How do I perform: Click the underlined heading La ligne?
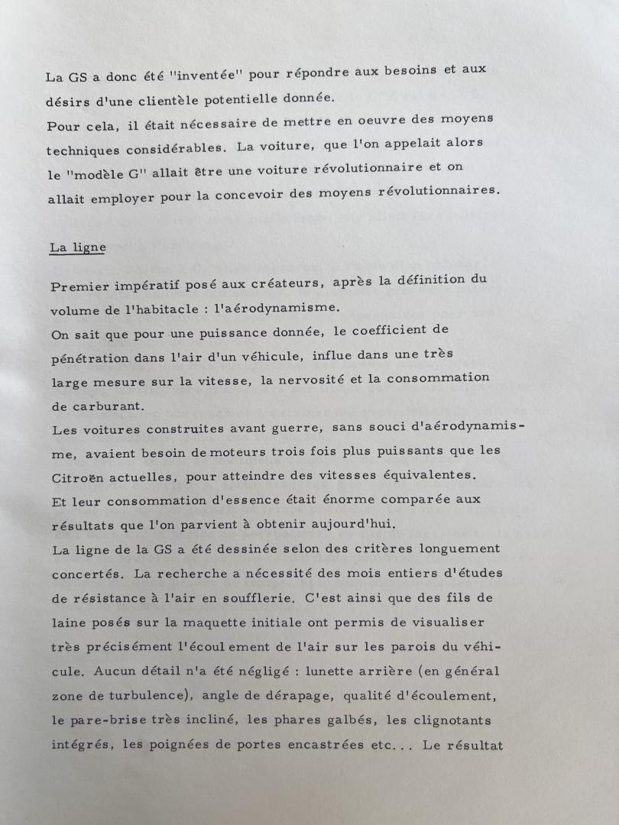click(x=77, y=247)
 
